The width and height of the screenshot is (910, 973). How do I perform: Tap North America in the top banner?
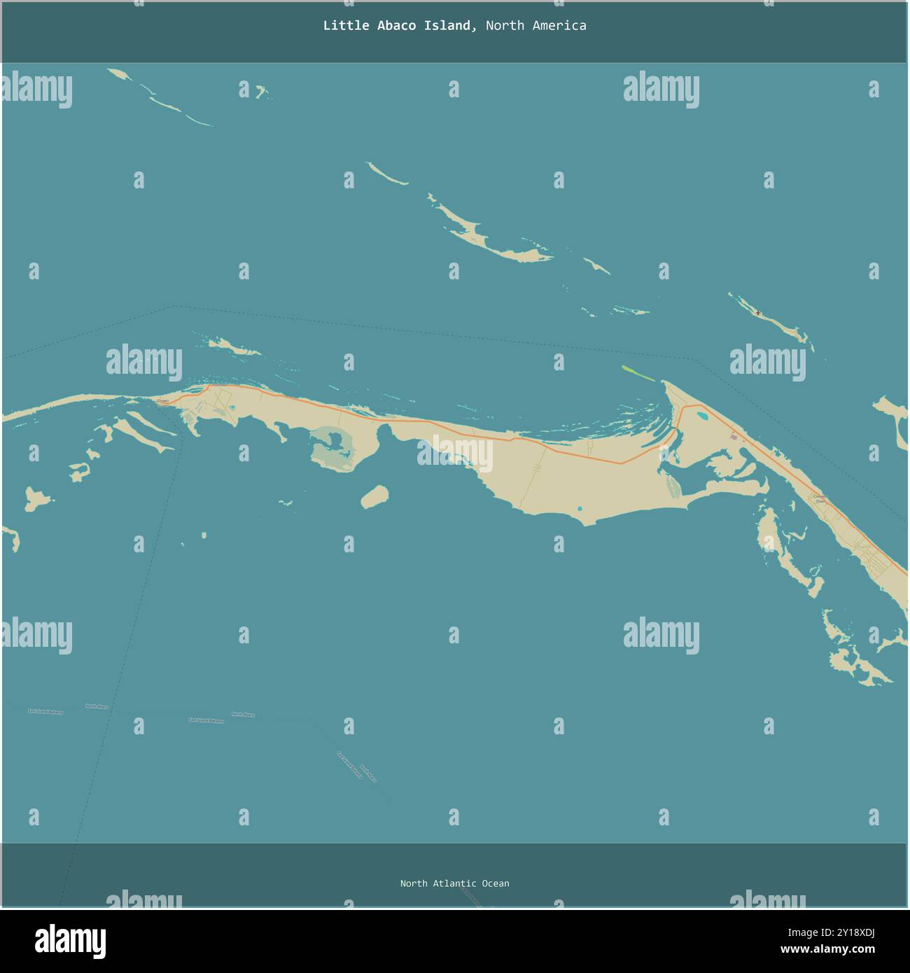tap(535, 26)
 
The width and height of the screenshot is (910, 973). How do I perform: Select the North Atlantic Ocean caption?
tap(454, 883)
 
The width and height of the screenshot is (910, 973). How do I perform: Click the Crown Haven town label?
tap(163, 402)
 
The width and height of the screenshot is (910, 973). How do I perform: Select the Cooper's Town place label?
tap(820, 498)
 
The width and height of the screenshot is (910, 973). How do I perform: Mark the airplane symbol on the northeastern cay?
tap(758, 313)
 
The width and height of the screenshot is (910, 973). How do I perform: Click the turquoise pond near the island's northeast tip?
tap(701, 417)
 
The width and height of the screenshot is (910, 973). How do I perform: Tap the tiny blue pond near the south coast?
tap(580, 508)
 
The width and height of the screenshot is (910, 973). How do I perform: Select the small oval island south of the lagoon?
tap(374, 496)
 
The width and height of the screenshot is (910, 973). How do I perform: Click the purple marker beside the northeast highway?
tap(733, 437)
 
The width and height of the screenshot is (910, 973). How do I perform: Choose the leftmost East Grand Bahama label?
tap(45, 711)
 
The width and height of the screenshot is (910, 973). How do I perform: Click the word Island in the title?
tap(448, 26)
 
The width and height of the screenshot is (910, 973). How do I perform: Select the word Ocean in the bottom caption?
tap(495, 883)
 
